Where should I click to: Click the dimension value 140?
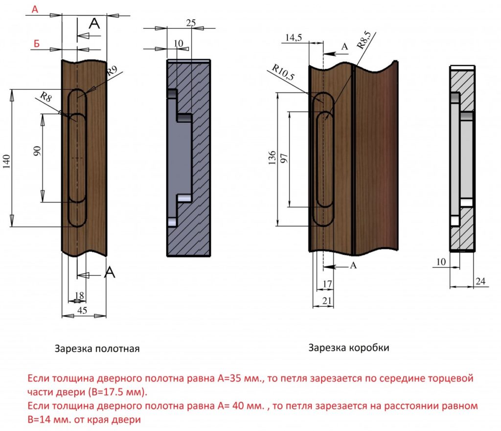coord(6,159)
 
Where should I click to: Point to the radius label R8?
coord(46,96)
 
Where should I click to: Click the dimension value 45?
coord(83,311)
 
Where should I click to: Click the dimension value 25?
coord(191,23)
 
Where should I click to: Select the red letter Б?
coord(36,44)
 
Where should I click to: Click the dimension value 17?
coord(328,284)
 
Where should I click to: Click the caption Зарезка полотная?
coord(97,349)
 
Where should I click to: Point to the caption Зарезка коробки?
coord(349,348)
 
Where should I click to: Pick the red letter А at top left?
coord(35,9)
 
